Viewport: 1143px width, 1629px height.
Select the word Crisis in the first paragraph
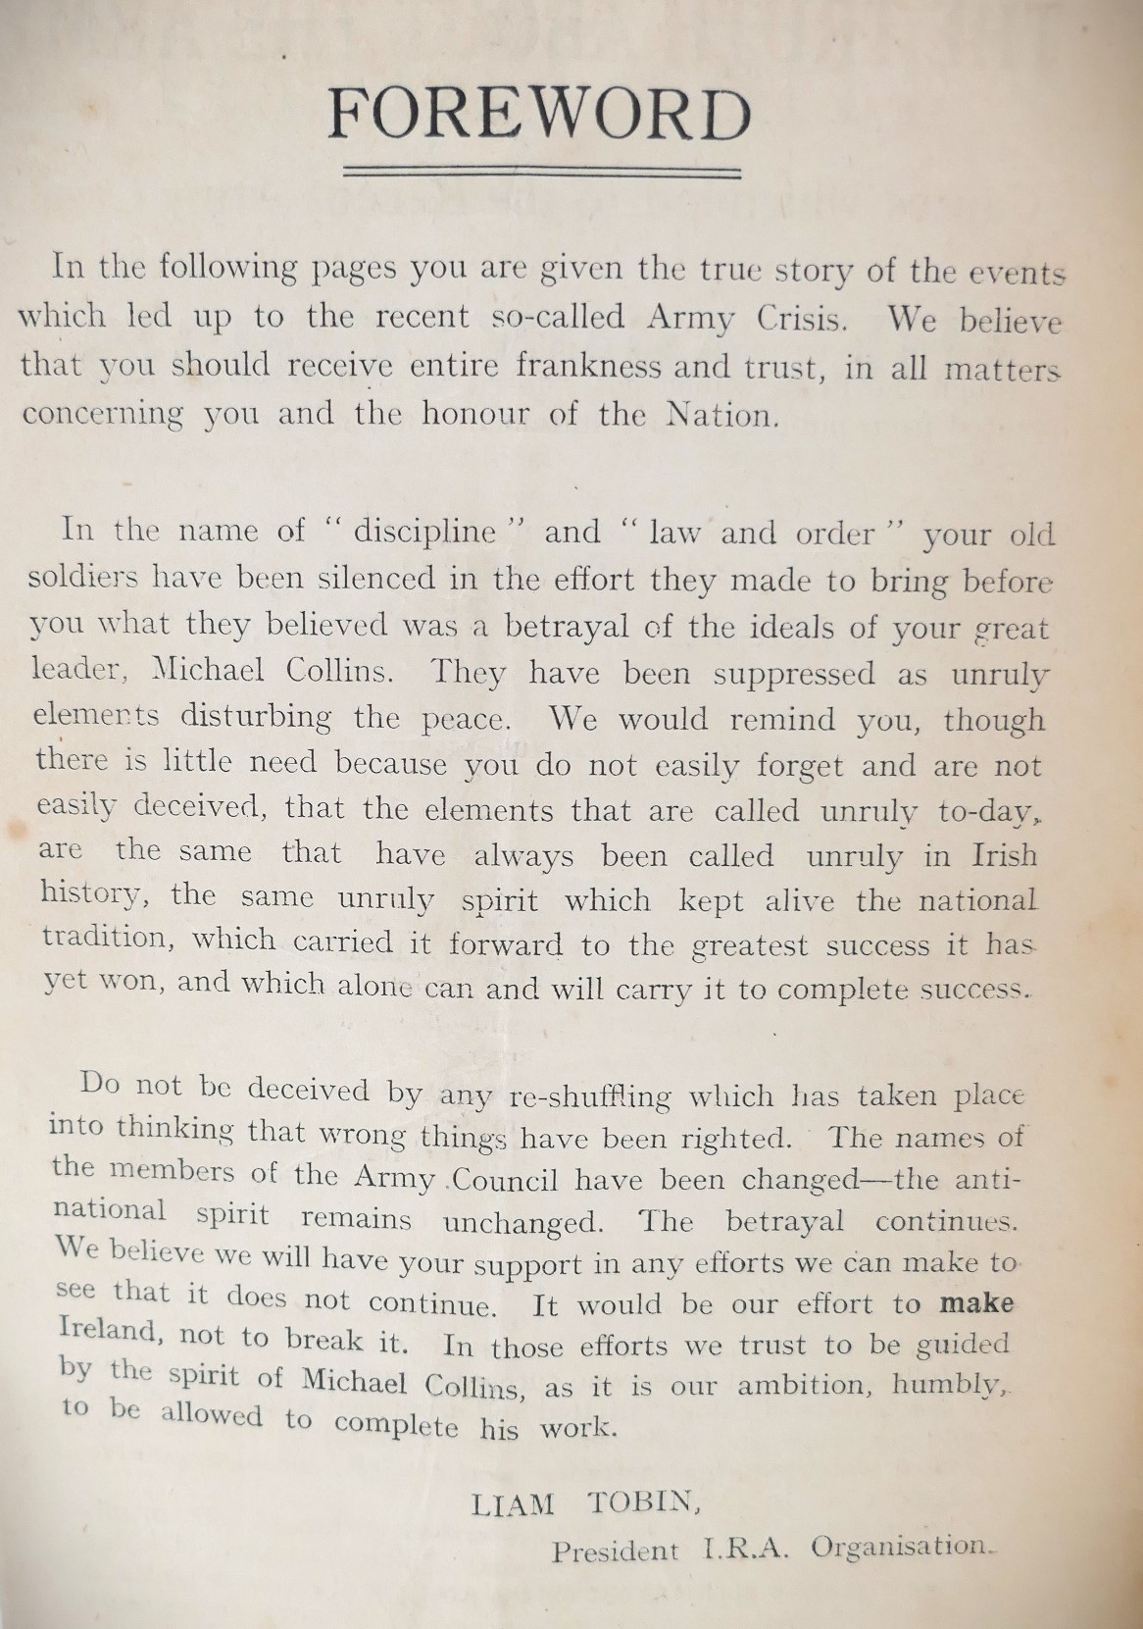pos(803,319)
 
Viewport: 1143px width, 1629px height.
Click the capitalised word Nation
pos(722,415)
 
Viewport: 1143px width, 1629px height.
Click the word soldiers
pos(83,578)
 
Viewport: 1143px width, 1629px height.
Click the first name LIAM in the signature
pos(512,1503)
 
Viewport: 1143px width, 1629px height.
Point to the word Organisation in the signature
pos(902,1546)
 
